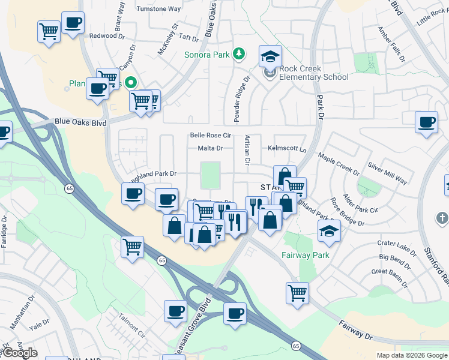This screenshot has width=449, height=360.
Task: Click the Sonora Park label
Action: tap(207, 55)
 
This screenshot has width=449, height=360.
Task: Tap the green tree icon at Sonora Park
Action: tap(240, 54)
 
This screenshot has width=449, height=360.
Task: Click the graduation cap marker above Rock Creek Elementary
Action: tap(270, 56)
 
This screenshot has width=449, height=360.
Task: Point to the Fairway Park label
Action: tap(306, 255)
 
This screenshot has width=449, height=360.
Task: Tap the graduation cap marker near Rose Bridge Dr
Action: tap(329, 232)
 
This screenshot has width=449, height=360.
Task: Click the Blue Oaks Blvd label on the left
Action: tap(80, 122)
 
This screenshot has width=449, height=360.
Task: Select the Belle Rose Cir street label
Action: tap(211, 136)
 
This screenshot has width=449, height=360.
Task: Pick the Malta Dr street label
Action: tap(210, 148)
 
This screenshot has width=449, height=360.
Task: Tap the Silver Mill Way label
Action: tap(387, 173)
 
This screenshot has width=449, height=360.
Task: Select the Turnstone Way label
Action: tap(158, 9)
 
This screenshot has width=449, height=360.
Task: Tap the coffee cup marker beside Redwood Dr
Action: tap(73, 23)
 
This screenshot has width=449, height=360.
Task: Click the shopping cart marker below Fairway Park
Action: tap(297, 293)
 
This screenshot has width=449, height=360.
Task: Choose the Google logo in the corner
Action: tap(20, 353)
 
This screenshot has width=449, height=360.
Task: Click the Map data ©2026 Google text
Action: tap(412, 355)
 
